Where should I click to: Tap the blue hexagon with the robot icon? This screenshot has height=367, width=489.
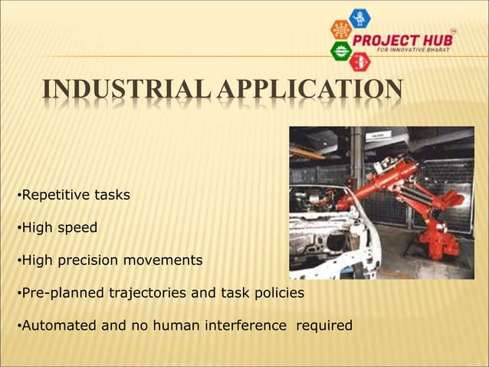pos(359,18)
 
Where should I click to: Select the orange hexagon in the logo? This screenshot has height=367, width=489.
pos(341,30)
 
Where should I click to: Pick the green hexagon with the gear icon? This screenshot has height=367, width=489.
pos(341,51)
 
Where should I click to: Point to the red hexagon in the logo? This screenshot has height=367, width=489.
pos(359,61)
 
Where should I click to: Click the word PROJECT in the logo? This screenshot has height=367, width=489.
pos(401,40)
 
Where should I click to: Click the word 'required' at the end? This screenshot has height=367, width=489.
pos(324,326)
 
